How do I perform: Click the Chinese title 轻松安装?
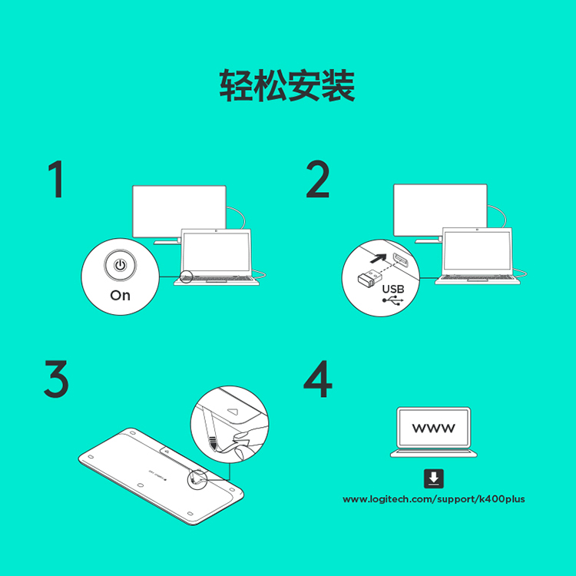coord(287,85)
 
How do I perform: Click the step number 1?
coord(56,179)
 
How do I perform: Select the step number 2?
coord(318,179)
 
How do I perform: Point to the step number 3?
coord(56,379)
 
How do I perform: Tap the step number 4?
coord(318,379)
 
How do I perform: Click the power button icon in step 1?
coord(120,265)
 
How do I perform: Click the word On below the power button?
coord(120,296)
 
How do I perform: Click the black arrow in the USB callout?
coord(379,259)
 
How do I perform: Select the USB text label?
coord(393,289)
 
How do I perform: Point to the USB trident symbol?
coord(392,300)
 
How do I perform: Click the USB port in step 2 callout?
coord(401,260)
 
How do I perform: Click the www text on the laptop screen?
coord(433,428)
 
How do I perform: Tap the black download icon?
coord(433,478)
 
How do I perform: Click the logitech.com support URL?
coord(433,499)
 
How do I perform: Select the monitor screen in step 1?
coord(179,211)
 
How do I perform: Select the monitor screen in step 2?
coord(440,210)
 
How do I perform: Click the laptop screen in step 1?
coord(217,253)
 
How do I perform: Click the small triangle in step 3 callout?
coord(233,411)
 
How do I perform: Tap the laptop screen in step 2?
coord(477,251)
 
